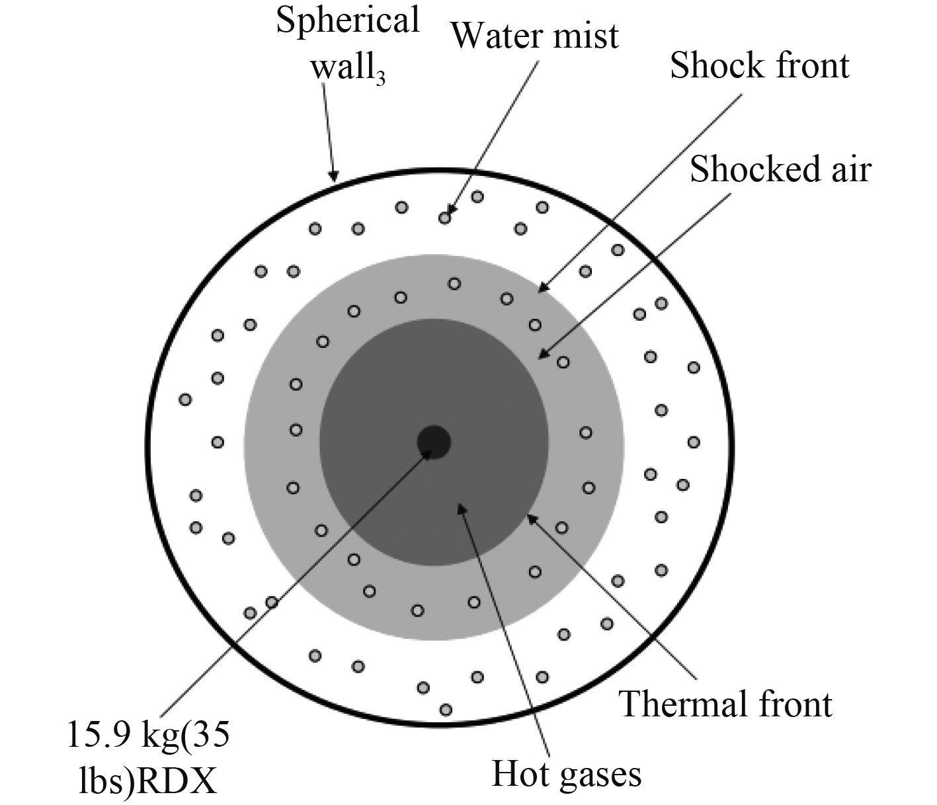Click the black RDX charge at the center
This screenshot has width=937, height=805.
(x=434, y=441)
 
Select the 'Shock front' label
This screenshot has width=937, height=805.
(x=759, y=66)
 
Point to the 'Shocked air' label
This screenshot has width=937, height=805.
(x=780, y=169)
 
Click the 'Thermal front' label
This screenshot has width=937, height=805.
(x=725, y=704)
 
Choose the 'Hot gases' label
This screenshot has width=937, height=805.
(x=567, y=774)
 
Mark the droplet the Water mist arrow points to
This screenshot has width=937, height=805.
(x=445, y=217)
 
